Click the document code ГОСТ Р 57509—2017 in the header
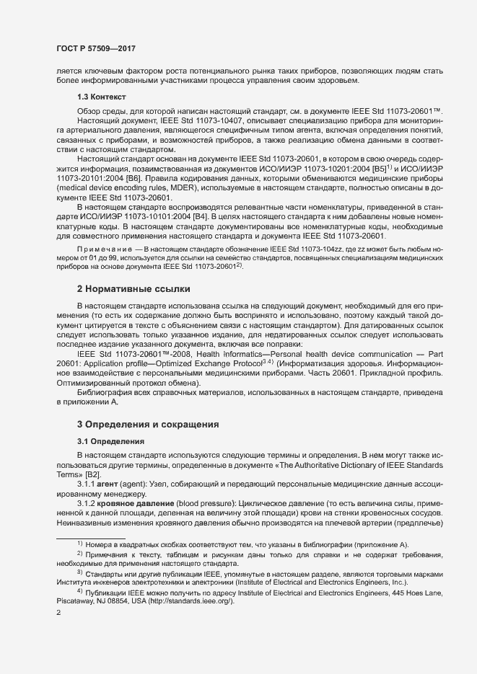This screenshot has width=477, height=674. pyautogui.click(x=96, y=49)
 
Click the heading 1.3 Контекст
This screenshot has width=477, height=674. pyautogui.click(x=101, y=96)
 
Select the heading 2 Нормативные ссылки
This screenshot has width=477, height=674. pyautogui.click(x=134, y=289)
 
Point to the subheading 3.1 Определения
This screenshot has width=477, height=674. pyautogui.click(x=111, y=440)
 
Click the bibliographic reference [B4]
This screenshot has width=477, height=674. pyautogui.click(x=202, y=216)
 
